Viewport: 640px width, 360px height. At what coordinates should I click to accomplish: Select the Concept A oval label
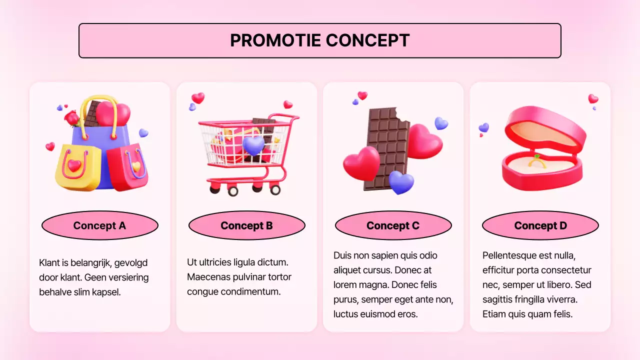pos(99,225)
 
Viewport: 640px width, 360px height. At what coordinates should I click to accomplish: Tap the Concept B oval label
pos(246,225)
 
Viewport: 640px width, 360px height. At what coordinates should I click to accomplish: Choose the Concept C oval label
pos(393,225)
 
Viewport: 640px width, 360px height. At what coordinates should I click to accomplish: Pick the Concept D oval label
pos(540,225)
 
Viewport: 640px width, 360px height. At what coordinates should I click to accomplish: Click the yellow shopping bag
pos(77,167)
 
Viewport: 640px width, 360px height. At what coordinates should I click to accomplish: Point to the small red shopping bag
pos(128,167)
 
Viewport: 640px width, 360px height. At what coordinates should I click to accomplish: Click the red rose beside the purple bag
pos(72,118)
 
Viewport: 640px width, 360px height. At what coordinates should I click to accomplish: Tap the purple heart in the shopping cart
pos(253,145)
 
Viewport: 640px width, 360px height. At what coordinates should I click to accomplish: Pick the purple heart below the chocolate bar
pos(401,182)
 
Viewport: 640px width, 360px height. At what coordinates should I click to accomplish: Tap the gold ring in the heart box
pos(537,160)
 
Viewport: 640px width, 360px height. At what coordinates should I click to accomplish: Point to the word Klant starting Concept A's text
pos(49,262)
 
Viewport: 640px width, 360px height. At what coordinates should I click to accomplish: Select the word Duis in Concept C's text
pos(343,255)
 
